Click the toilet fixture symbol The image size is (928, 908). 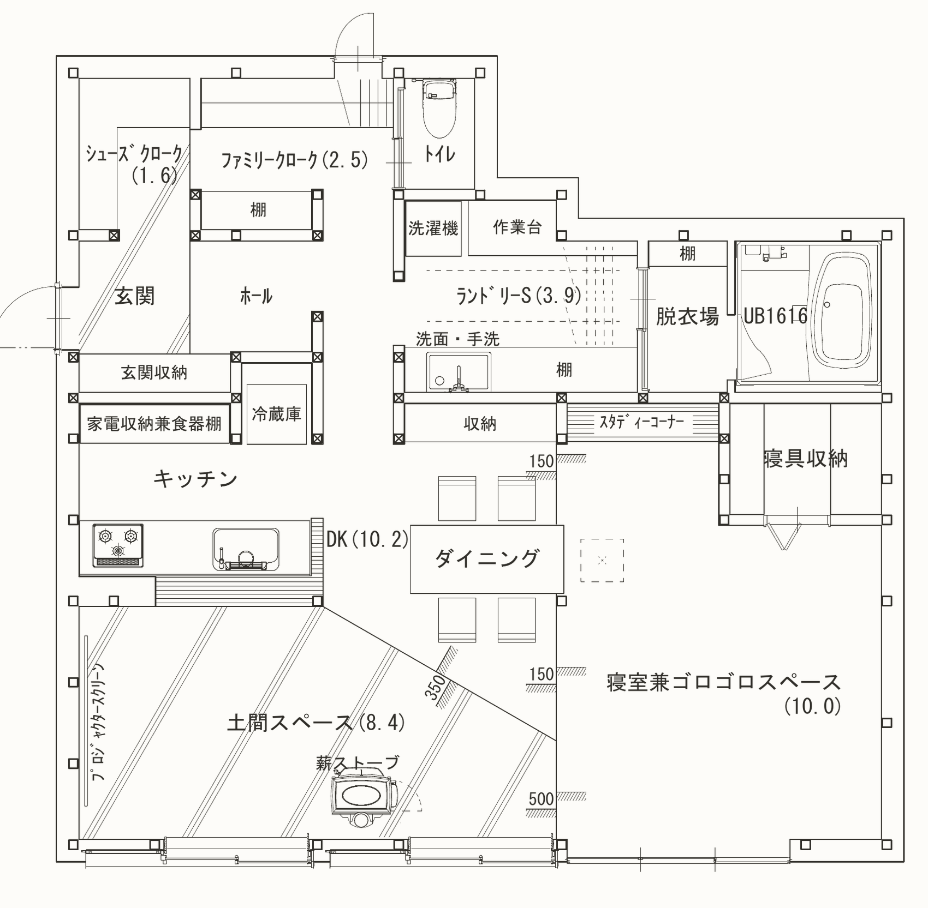[x=439, y=108]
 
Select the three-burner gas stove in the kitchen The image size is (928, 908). [x=118, y=545]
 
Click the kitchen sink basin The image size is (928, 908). [x=246, y=549]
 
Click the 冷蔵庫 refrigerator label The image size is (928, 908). [x=276, y=414]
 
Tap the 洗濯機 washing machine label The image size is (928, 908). [x=433, y=228]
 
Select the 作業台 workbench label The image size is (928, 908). [x=517, y=227]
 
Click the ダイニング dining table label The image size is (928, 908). [x=486, y=558]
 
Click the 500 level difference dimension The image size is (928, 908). [x=541, y=799]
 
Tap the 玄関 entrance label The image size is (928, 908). [x=135, y=296]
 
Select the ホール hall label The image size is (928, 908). [x=256, y=297]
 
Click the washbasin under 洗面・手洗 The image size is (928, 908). [x=459, y=372]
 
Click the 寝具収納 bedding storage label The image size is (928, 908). [x=806, y=459]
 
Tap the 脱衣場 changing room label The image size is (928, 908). [x=687, y=316]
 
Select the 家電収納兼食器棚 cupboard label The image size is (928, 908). [x=154, y=424]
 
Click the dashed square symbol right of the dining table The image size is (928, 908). [x=602, y=560]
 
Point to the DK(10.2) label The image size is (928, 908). [x=367, y=539]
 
